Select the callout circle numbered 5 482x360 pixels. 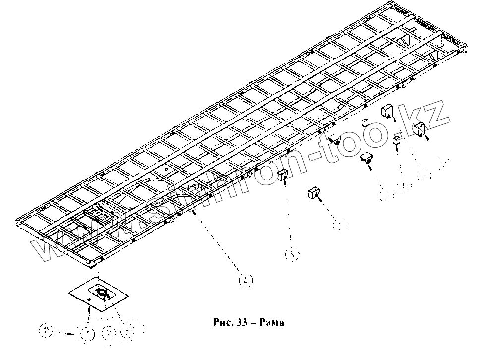point(292,254)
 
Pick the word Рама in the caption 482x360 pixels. point(271,322)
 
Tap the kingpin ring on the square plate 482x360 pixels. point(102,294)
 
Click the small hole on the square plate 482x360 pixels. point(88,300)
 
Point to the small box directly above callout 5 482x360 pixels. point(283,175)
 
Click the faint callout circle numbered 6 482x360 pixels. point(339,225)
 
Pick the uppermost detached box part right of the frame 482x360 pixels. point(387,111)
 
